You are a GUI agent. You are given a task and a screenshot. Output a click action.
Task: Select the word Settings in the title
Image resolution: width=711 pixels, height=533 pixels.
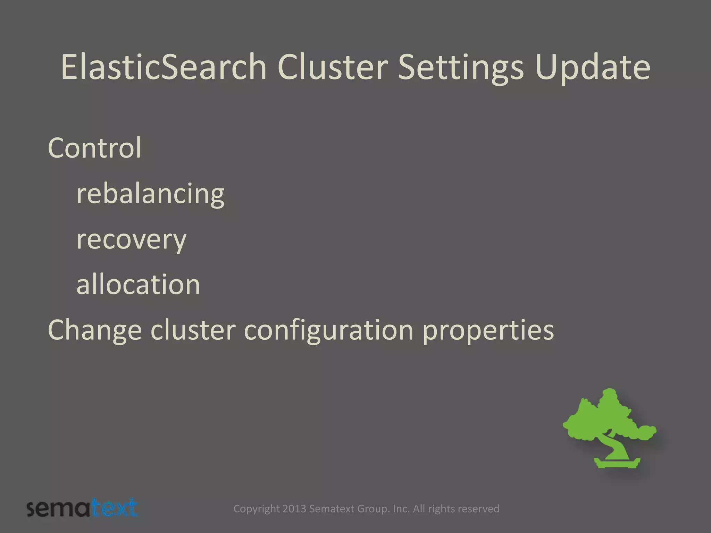[460, 68]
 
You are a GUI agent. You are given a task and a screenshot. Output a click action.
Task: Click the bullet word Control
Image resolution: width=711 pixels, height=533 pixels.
[94, 148]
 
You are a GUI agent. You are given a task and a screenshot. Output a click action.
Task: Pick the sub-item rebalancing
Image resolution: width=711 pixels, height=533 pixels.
[150, 194]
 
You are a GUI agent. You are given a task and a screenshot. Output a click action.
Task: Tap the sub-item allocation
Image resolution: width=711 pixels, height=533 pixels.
[138, 285]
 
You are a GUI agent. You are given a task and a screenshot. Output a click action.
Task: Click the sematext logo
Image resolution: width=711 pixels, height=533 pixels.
[82, 508]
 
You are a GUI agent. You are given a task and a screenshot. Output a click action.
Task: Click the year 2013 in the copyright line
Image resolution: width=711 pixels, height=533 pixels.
[294, 509]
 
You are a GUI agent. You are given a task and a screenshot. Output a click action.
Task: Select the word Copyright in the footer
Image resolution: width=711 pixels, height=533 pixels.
[256, 509]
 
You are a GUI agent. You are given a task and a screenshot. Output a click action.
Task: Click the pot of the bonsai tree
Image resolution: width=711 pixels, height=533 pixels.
[617, 463]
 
